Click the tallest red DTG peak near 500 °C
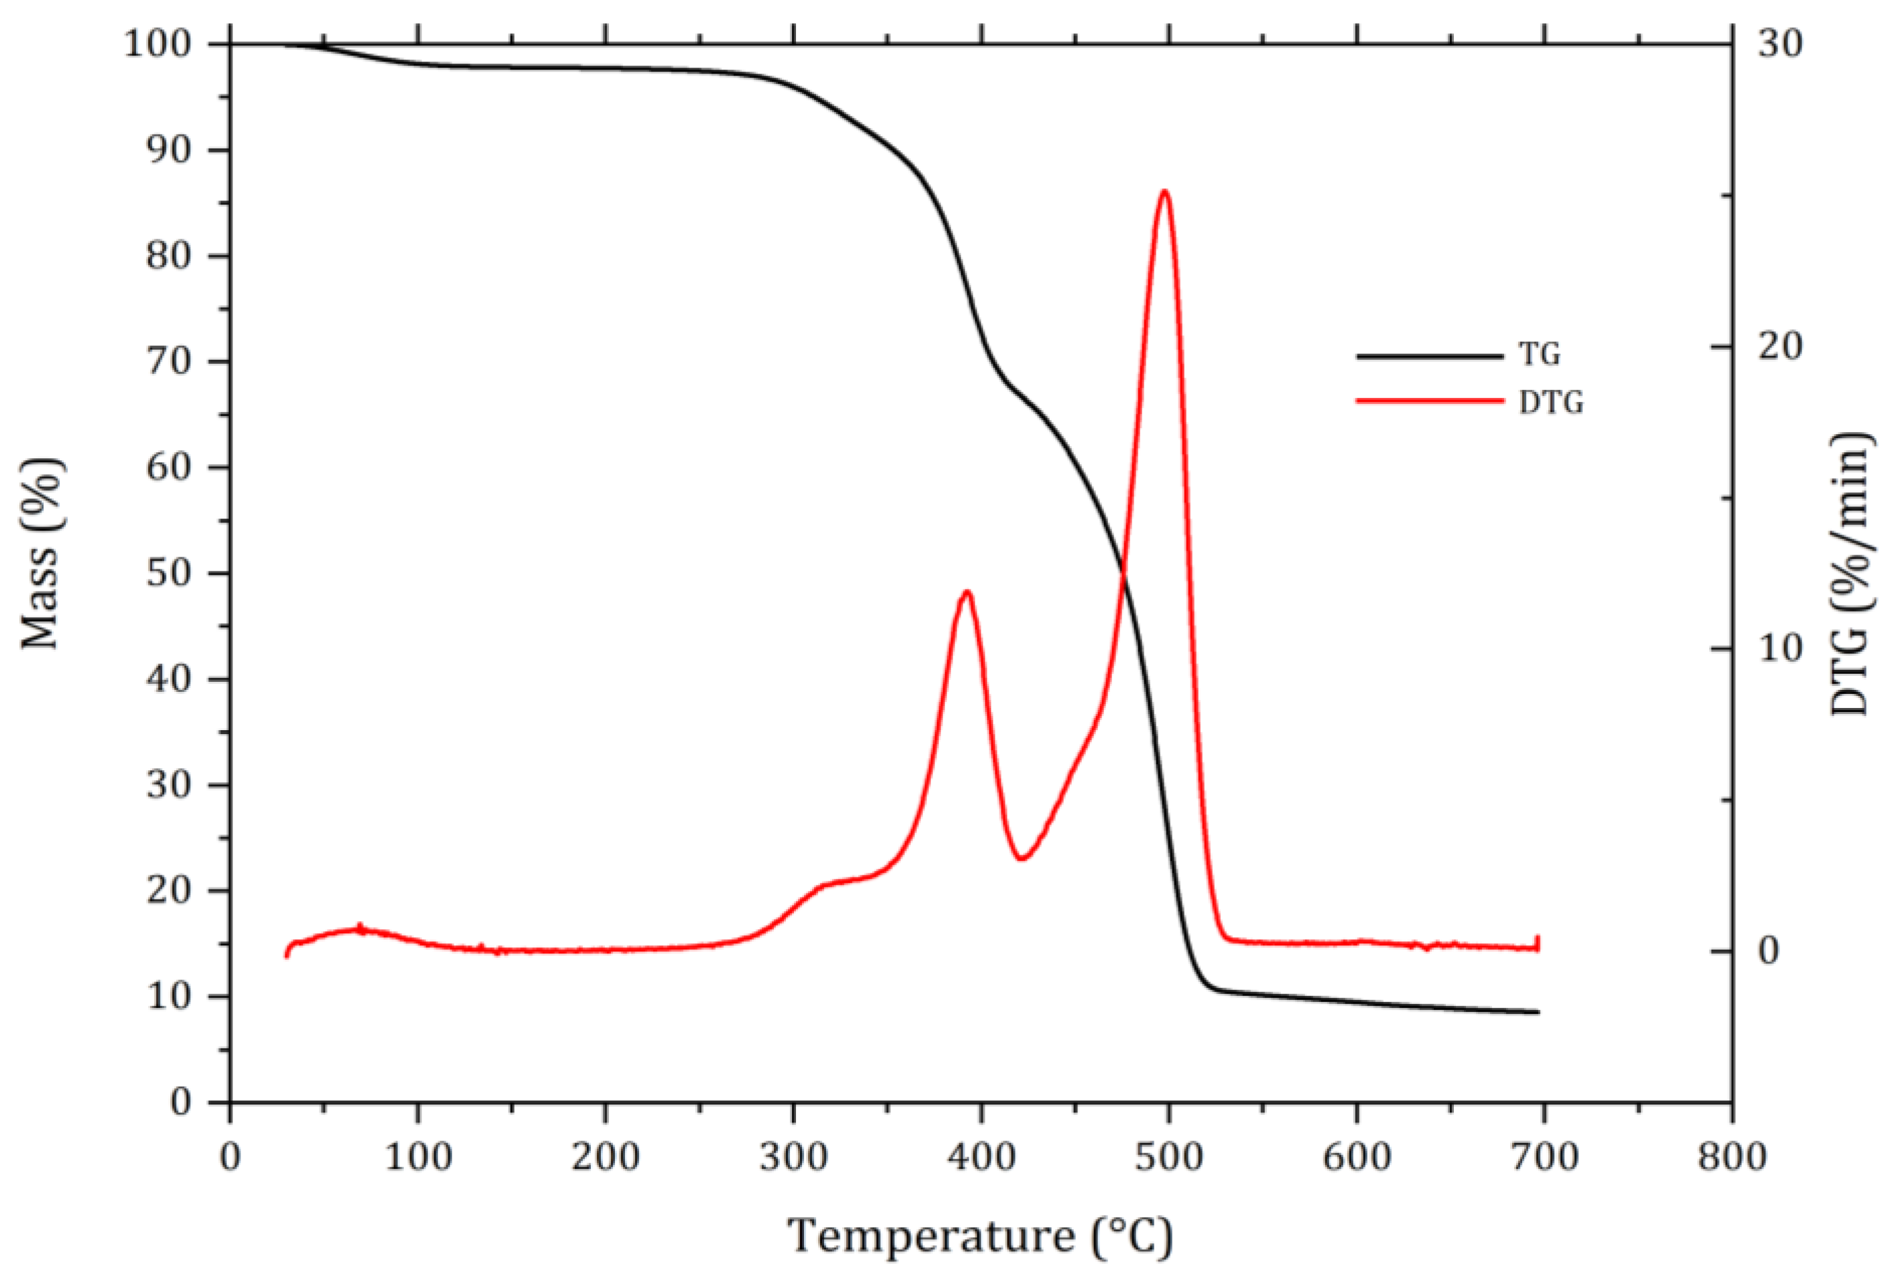pos(1164,192)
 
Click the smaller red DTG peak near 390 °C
pos(967,591)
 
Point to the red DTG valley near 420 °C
pos(1022,857)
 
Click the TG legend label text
pos(1540,354)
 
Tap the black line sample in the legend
pos(1429,355)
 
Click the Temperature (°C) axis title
pos(980,1236)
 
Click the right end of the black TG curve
pos(1538,1012)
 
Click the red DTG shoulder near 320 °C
pos(823,884)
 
